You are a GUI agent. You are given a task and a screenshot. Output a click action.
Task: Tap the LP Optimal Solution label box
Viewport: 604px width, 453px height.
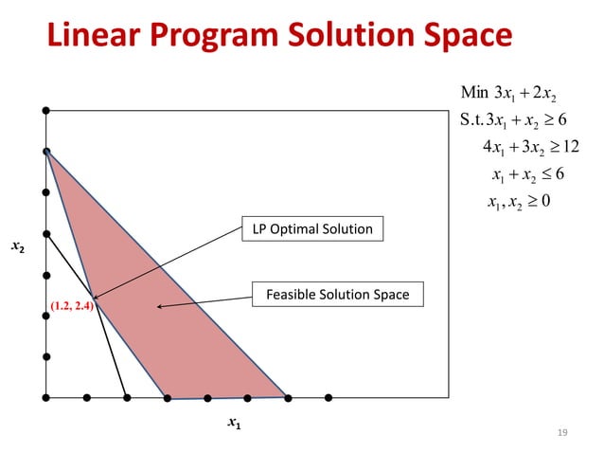pyautogui.click(x=312, y=229)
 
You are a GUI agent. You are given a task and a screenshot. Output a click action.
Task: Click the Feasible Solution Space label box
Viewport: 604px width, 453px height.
pyautogui.click(x=337, y=295)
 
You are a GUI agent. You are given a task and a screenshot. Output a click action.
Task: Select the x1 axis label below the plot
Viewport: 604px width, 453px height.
pyautogui.click(x=234, y=425)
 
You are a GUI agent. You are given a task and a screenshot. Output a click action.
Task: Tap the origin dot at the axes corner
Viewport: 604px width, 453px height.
pyautogui.click(x=46, y=397)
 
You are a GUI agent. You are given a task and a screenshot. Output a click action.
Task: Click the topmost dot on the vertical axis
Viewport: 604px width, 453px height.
pyautogui.click(x=46, y=111)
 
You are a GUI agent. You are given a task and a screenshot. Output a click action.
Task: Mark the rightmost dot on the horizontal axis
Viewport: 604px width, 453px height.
pyautogui.click(x=328, y=397)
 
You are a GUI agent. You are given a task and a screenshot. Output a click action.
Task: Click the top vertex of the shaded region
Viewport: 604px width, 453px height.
pyautogui.click(x=46, y=152)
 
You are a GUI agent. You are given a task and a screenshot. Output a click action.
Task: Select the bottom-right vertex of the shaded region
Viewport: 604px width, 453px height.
pyautogui.click(x=287, y=397)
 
